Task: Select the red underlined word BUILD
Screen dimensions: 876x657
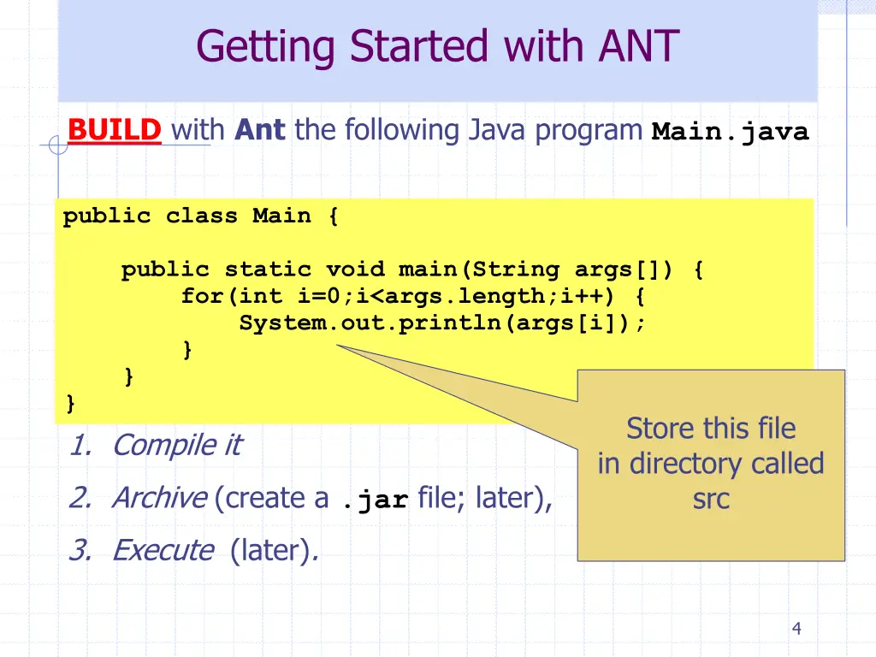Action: pyautogui.click(x=115, y=131)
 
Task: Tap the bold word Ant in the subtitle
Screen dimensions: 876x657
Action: pyautogui.click(x=260, y=131)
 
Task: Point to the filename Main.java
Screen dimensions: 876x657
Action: pyautogui.click(x=730, y=133)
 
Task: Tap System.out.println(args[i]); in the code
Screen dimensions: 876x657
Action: pyautogui.click(x=442, y=324)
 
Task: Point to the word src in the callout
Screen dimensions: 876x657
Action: pyautogui.click(x=711, y=500)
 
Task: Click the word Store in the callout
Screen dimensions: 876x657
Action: pyautogui.click(x=658, y=429)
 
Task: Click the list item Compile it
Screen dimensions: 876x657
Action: pyautogui.click(x=176, y=445)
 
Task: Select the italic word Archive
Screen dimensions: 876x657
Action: pyautogui.click(x=159, y=497)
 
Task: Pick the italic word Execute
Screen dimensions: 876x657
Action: pyautogui.click(x=163, y=550)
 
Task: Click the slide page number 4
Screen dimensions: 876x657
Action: pyautogui.click(x=796, y=630)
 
